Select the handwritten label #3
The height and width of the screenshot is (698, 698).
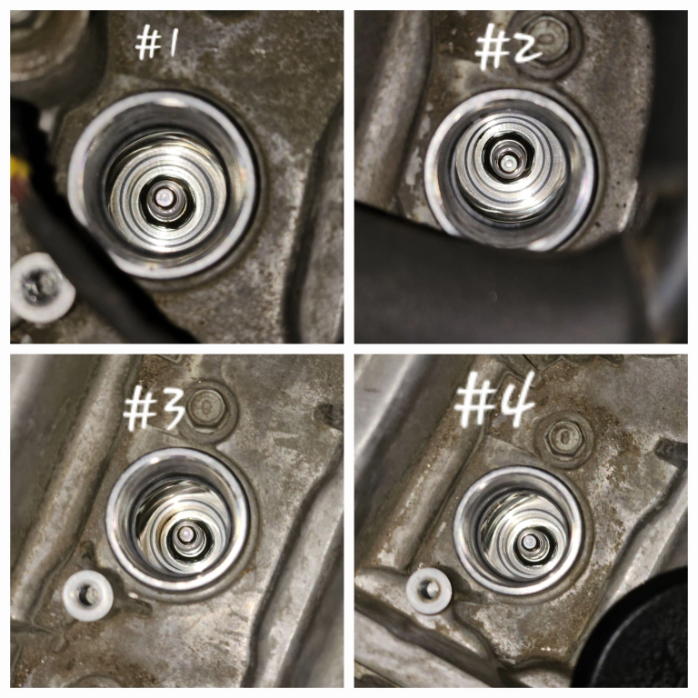153,411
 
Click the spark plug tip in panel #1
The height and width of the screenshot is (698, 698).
164,196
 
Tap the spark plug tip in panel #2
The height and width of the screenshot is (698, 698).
506,163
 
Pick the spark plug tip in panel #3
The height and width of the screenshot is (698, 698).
184,533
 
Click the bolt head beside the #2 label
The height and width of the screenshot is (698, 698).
546,44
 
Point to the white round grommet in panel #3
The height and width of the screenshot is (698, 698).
87,595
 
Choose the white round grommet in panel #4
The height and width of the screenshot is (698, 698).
430,592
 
